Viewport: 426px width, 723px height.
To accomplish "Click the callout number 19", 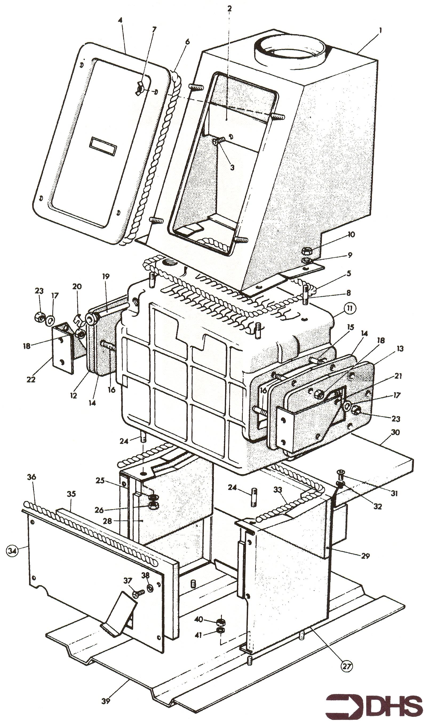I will pos(106,277).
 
